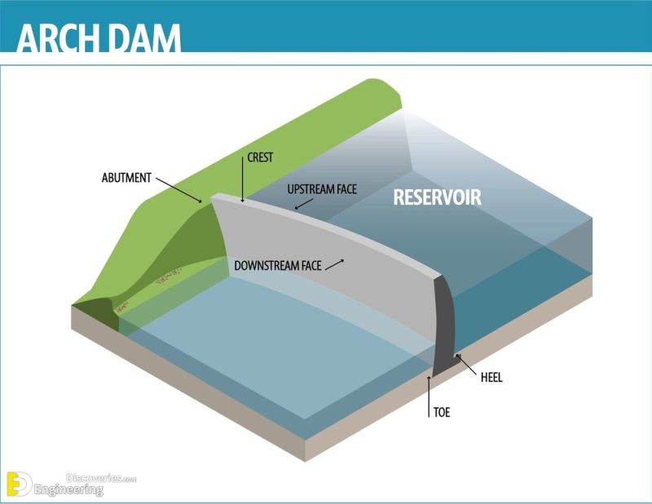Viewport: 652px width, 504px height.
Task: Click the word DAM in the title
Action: [x=147, y=38]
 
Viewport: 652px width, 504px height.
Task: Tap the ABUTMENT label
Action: [x=126, y=176]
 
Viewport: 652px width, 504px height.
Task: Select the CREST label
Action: [x=260, y=158]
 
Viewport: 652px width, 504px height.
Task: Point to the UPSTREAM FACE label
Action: [x=323, y=189]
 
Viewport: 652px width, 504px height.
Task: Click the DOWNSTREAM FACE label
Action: [x=277, y=266]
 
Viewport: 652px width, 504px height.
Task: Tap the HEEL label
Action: [x=491, y=378]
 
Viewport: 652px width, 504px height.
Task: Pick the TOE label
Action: [x=441, y=413]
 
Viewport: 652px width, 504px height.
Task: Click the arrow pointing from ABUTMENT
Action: [x=178, y=188]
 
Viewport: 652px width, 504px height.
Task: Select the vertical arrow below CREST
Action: [x=242, y=181]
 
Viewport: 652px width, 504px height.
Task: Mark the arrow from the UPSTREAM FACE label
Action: [x=303, y=204]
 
